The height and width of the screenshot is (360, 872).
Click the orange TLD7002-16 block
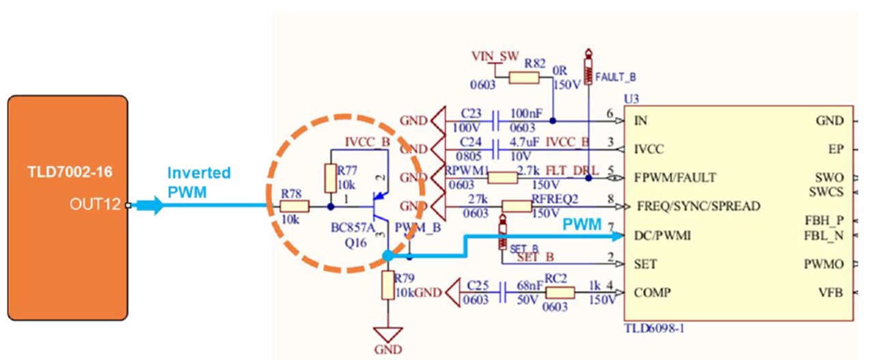point(68,208)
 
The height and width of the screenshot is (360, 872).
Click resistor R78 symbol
point(295,206)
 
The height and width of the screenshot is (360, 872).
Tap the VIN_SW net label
point(494,54)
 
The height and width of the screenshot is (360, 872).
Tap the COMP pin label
point(652,294)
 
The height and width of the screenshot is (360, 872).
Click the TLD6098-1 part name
point(655,328)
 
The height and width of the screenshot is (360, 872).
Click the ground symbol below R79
point(387,335)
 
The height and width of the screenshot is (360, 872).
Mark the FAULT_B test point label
point(611,77)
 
